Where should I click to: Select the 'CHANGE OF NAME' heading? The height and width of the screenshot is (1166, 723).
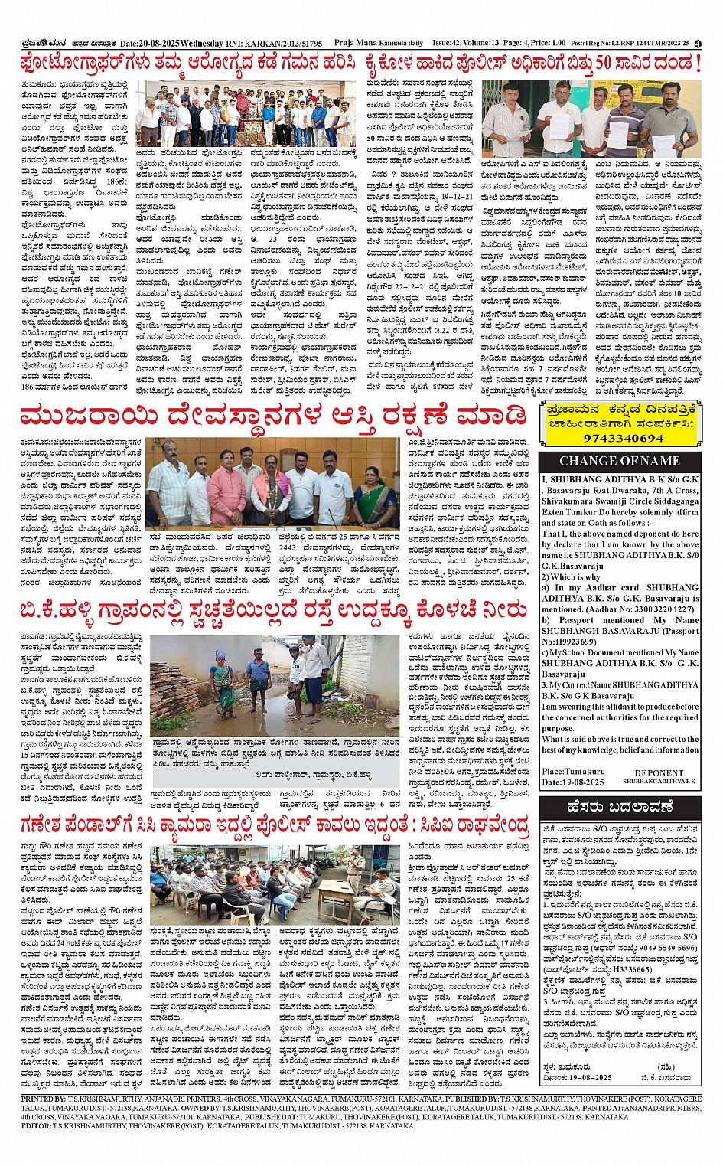coord(620,461)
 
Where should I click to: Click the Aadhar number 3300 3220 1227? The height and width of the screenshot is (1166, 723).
coord(653,609)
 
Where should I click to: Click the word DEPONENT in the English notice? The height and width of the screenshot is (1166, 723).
coord(659,773)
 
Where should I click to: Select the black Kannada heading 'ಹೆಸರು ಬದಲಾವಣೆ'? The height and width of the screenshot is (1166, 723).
coord(620,807)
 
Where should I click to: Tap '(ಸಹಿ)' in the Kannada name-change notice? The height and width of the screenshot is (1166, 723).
coord(666,1066)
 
